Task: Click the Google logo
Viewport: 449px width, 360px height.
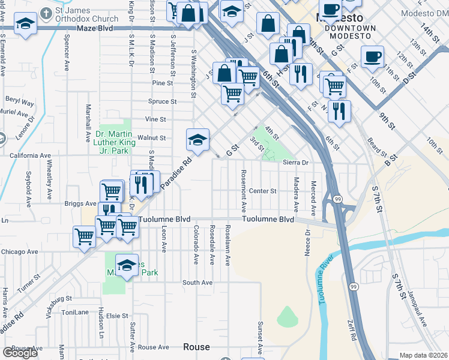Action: (x=20, y=353)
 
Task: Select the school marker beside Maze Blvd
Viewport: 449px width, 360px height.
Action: (x=25, y=25)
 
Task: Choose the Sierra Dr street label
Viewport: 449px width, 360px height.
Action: (x=295, y=163)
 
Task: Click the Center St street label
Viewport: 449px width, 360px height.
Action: (x=263, y=191)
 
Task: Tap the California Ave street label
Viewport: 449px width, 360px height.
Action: (x=26, y=155)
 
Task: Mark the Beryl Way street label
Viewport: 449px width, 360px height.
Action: (x=20, y=101)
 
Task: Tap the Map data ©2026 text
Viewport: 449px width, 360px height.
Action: (x=423, y=355)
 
